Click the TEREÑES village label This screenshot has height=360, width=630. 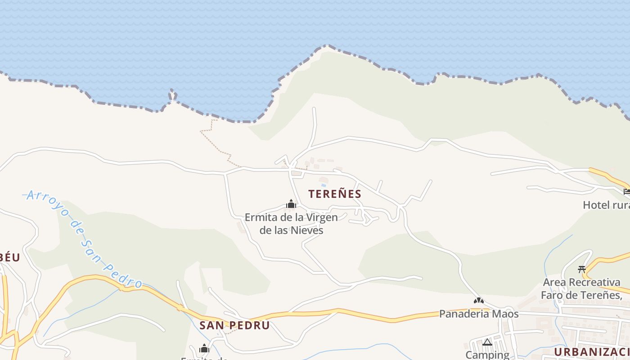point(335,194)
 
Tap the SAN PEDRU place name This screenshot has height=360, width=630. point(234,325)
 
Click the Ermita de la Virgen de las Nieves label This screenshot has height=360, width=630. point(291,224)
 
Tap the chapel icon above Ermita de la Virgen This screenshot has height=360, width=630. point(291,205)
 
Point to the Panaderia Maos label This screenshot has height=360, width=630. point(479,314)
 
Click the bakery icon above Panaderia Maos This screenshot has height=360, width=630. point(479,300)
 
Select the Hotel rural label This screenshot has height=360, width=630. point(606,205)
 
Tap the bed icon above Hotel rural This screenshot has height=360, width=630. point(627,192)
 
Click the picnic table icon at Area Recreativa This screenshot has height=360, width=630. point(581,270)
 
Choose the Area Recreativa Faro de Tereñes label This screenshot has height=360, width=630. point(581,288)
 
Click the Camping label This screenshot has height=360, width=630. point(487,355)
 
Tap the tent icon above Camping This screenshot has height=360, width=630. point(487,342)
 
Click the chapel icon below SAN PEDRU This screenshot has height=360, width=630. point(204,349)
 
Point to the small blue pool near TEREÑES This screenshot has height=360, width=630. point(323,185)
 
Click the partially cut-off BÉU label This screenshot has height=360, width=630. point(10,257)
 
